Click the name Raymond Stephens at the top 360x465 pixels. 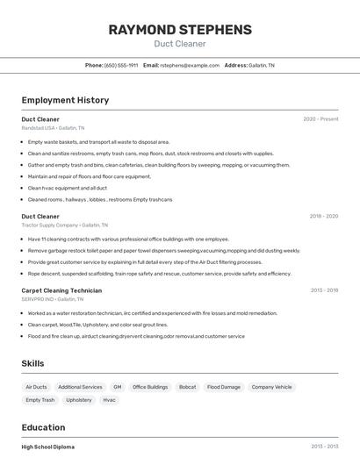180,30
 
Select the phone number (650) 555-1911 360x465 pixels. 121,65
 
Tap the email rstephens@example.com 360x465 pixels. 190,65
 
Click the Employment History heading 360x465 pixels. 65,100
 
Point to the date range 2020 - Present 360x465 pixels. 320,119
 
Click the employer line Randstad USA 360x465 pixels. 53,128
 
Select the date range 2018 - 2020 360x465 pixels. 323,216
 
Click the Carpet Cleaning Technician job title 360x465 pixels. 61,290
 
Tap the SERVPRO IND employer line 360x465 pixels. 54,299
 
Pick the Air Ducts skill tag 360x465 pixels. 36,387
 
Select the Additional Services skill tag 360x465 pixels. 80,387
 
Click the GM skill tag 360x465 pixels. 118,387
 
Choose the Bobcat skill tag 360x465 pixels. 187,387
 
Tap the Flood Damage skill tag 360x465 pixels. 224,387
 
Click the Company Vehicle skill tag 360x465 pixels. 271,387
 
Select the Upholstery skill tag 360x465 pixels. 79,400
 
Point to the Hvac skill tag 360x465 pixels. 109,400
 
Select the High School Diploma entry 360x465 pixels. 48,447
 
